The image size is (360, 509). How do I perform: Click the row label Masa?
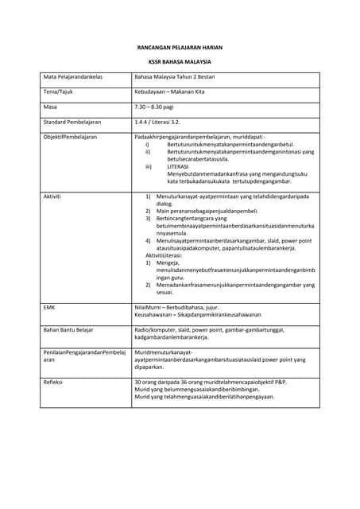[50, 107]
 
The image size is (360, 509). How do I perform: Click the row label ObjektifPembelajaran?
[70, 137]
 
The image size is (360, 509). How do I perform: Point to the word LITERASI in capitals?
[180, 166]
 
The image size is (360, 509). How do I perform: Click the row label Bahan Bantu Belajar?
[68, 329]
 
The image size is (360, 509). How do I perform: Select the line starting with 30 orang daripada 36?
[211, 383]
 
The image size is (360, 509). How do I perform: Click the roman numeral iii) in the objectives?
[148, 166]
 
